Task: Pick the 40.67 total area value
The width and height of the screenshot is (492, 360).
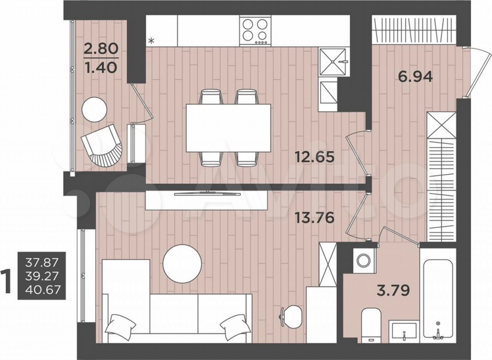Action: click(42, 290)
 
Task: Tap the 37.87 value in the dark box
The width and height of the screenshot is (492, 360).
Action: click(42, 263)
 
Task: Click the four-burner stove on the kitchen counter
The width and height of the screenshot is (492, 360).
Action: click(255, 31)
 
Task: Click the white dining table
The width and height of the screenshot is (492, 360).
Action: click(228, 128)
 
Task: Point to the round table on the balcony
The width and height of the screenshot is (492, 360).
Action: click(94, 109)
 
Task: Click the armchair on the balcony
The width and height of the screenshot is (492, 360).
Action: click(103, 146)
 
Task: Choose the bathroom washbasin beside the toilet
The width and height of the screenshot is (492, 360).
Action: click(405, 331)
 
